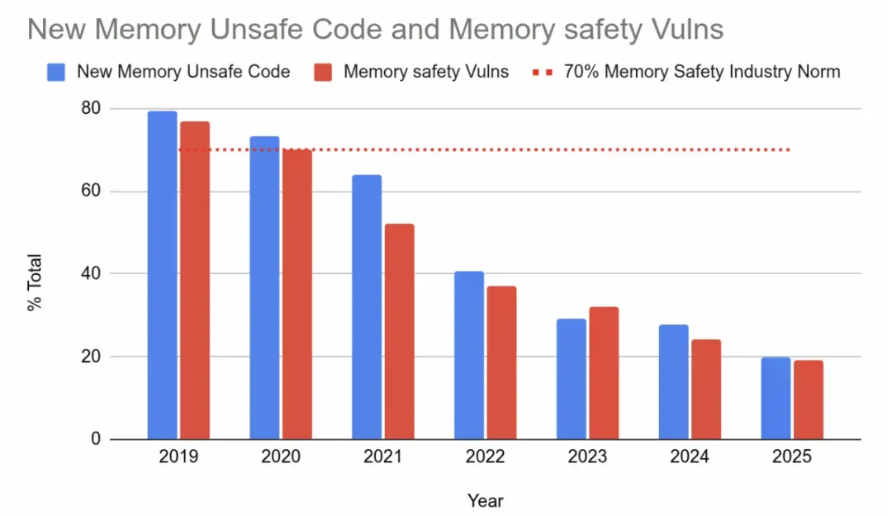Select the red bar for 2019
(x=194, y=281)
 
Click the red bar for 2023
(x=604, y=373)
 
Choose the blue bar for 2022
(x=469, y=355)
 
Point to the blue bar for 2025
(x=776, y=398)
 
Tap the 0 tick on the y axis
(x=95, y=439)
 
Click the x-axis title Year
(x=485, y=500)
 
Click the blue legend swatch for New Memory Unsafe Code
(x=56, y=72)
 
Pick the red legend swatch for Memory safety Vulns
(x=323, y=72)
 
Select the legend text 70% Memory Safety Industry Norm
(x=701, y=72)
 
